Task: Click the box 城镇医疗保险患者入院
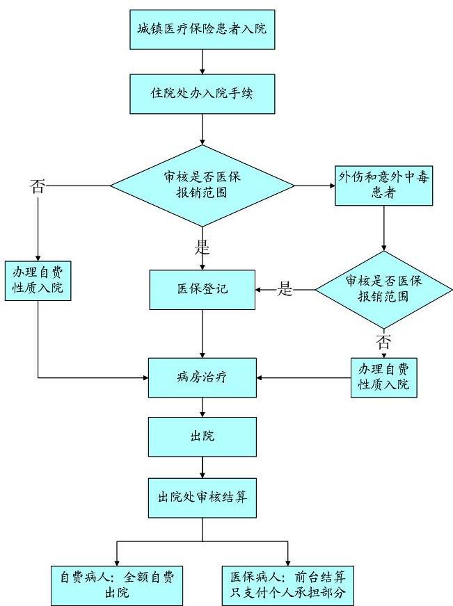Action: pyautogui.click(x=202, y=30)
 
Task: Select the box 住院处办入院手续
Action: pyautogui.click(x=202, y=93)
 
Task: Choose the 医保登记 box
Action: pyautogui.click(x=202, y=289)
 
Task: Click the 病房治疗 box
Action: pyautogui.click(x=202, y=378)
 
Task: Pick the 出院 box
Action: pyautogui.click(x=202, y=436)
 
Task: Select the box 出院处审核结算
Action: pyautogui.click(x=202, y=497)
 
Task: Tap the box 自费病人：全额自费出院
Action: pyautogui.click(x=117, y=584)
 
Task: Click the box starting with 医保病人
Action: pyautogui.click(x=288, y=584)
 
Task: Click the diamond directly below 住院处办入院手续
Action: pyautogui.click(x=202, y=186)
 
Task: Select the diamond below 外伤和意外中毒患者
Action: pyautogui.click(x=383, y=289)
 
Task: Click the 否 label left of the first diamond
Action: pyautogui.click(x=38, y=186)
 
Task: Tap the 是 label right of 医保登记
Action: pyautogui.click(x=285, y=289)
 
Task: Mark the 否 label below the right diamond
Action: pyautogui.click(x=383, y=341)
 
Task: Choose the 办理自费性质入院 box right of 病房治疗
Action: pyautogui.click(x=383, y=377)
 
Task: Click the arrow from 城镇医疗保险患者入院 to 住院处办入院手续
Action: pyautogui.click(x=202, y=61)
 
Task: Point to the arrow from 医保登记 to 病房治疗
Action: pyautogui.click(x=202, y=334)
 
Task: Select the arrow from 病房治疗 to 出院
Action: pyautogui.click(x=202, y=408)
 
